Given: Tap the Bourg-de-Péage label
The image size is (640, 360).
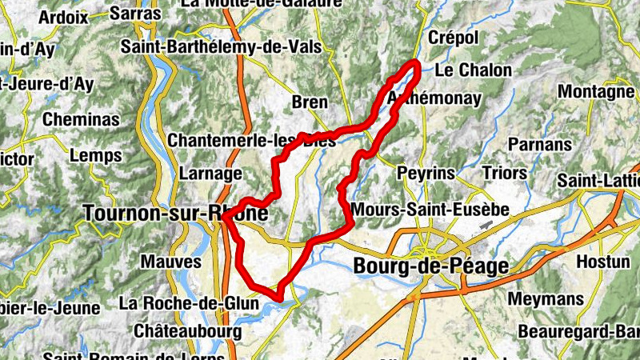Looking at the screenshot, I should click(430, 266).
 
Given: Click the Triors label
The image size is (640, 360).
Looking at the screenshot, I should click(505, 173).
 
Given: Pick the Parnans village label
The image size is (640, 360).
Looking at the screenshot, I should click(541, 145).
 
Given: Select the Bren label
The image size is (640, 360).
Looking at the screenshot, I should click(310, 102).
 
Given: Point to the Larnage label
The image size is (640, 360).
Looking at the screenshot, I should click(211, 174).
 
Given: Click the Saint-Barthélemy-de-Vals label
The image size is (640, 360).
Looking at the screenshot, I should click(221, 47).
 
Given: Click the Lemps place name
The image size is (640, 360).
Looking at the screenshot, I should click(96, 155).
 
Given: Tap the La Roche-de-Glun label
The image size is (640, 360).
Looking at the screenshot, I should click(189, 303).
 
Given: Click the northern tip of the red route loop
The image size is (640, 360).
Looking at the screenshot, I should click(414, 62).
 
